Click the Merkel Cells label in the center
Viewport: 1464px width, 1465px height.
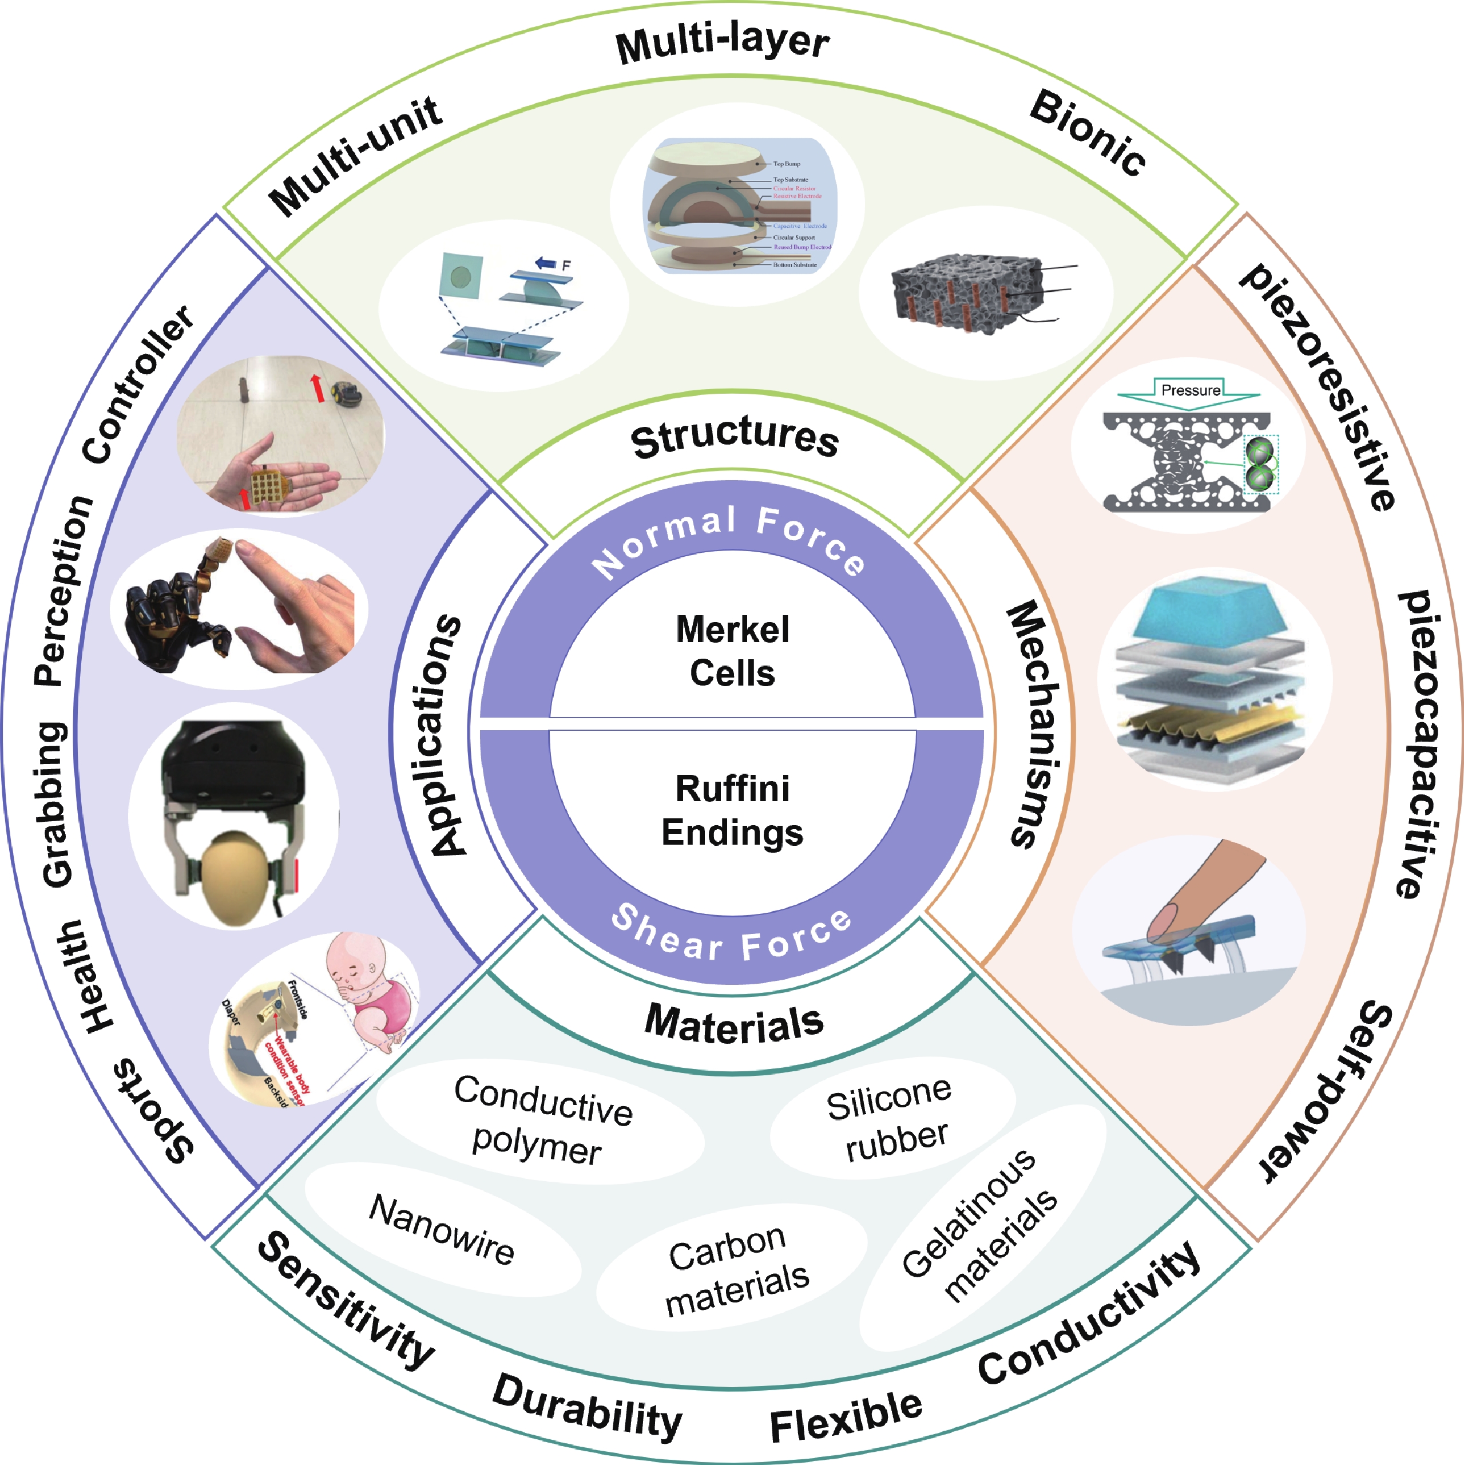point(732,651)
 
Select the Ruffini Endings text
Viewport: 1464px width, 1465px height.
point(732,810)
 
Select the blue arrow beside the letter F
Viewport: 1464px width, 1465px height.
point(546,263)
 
